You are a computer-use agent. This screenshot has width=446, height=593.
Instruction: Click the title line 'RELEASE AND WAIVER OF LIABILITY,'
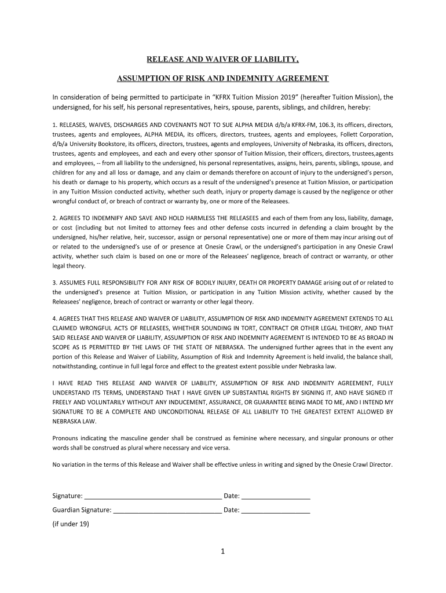222,59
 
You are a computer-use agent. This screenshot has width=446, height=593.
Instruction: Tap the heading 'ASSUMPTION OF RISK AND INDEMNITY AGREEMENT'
223,78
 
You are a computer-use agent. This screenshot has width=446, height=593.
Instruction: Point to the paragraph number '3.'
55,283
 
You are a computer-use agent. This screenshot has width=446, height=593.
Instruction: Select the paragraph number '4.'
55,319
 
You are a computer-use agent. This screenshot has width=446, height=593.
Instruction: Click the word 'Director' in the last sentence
380,464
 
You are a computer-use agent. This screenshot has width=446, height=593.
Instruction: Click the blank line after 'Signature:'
153,496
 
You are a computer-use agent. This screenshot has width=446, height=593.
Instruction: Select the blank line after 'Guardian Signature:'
167,510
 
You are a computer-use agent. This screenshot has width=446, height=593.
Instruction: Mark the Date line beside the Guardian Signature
276,510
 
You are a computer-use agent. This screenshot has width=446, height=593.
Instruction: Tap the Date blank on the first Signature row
276,496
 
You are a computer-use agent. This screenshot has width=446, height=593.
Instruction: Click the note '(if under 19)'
71,524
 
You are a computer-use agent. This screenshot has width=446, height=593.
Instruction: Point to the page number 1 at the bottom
222,551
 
